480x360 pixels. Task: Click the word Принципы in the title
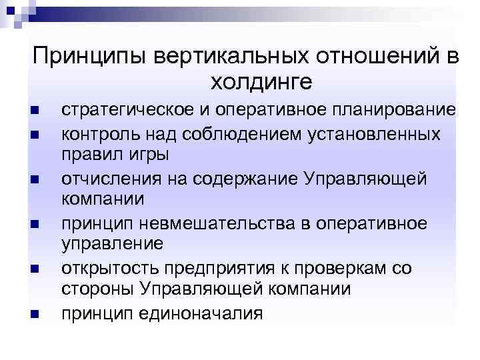(91, 57)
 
